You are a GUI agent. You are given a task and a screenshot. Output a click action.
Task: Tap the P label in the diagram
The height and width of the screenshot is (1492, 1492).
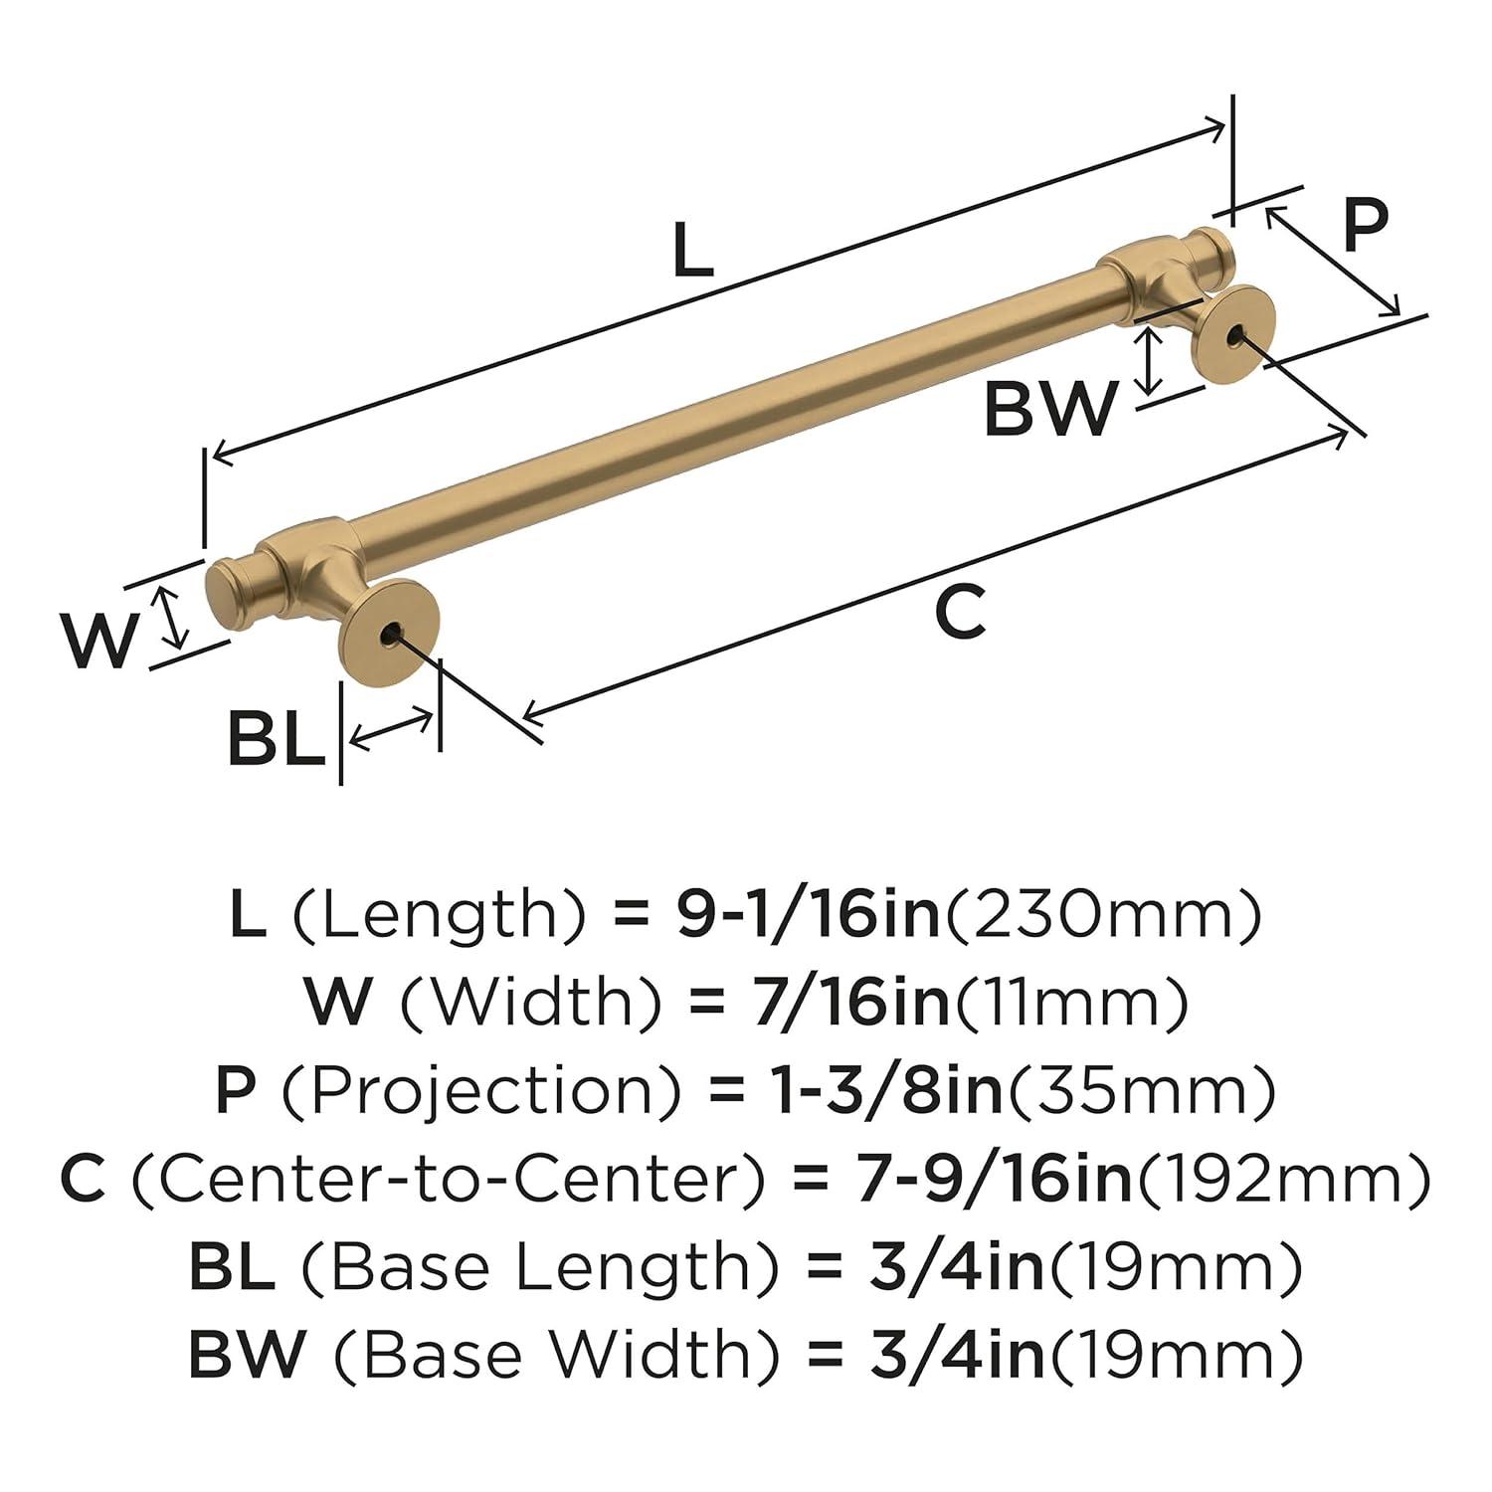pyautogui.click(x=1365, y=227)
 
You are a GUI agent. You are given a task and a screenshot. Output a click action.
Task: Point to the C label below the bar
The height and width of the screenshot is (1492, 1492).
pyautogui.click(x=960, y=613)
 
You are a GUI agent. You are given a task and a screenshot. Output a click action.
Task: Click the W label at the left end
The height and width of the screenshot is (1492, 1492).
pyautogui.click(x=97, y=642)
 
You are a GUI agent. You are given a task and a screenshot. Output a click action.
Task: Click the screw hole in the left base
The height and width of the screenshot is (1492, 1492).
pyautogui.click(x=390, y=632)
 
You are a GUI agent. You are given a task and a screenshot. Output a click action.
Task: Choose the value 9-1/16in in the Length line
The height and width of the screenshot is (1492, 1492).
pyautogui.click(x=808, y=915)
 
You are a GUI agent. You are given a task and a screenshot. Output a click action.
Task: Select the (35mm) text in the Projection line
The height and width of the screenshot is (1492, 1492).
pyautogui.click(x=1143, y=1091)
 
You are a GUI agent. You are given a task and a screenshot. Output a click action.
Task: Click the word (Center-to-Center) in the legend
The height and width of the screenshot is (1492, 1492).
pyautogui.click(x=449, y=1180)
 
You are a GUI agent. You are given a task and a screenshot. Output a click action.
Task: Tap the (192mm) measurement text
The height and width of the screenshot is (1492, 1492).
pyautogui.click(x=1284, y=1180)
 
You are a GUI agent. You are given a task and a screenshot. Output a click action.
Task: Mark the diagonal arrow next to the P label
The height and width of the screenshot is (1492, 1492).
pyautogui.click(x=1334, y=261)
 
